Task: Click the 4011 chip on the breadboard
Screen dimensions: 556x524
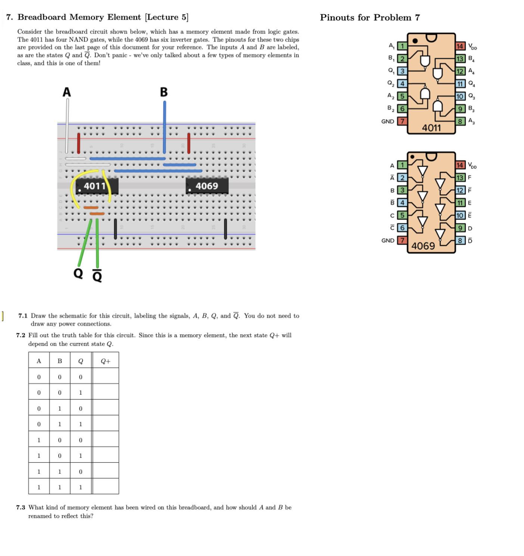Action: pos(97,186)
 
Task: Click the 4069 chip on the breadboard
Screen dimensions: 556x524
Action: pos(207,186)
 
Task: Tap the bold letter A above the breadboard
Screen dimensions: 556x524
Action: pos(66,92)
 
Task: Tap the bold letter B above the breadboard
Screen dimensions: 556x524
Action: pos(163,92)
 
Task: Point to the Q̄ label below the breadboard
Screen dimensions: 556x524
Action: pos(97,276)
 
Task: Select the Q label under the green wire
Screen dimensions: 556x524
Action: pos(78,273)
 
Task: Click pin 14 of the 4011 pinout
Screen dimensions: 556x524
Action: pos(460,46)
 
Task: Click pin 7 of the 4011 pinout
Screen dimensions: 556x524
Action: pos(402,121)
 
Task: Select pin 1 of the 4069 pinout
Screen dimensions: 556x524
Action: pos(402,165)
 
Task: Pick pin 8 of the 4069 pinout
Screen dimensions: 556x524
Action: pos(460,240)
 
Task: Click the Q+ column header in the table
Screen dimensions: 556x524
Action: pos(106,361)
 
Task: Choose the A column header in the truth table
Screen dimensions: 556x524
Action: pos(39,361)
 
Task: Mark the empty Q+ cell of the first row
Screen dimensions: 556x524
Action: pos(106,377)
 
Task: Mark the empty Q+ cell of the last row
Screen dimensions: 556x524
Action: pos(106,487)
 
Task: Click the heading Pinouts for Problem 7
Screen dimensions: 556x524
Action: pos(369,18)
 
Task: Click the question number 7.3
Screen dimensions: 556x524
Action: pos(21,507)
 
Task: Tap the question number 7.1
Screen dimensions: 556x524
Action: pos(23,316)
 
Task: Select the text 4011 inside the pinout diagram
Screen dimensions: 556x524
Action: pos(431,128)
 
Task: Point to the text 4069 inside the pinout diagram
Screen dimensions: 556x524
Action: pos(423,246)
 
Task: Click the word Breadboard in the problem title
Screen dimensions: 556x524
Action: pos(42,17)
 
